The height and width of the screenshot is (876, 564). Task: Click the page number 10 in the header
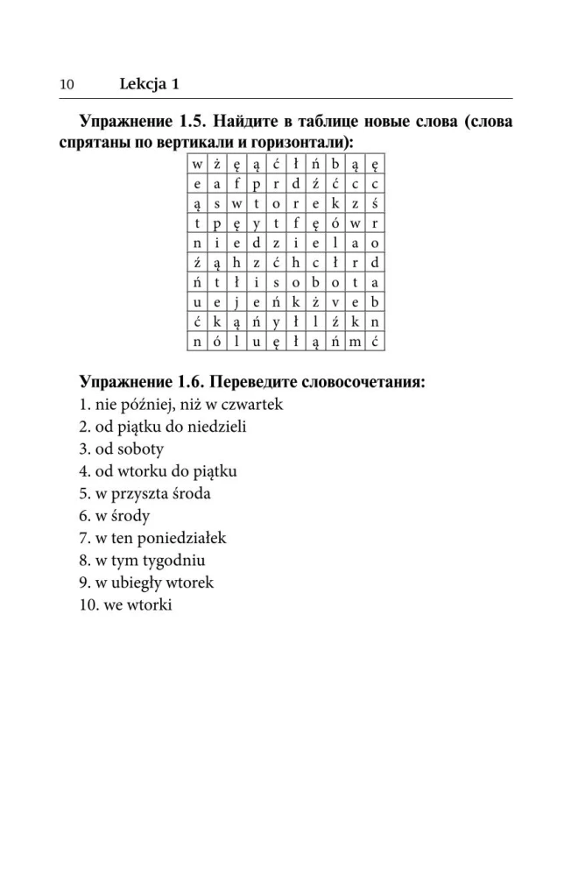pos(66,84)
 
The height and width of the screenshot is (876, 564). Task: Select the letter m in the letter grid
pos(354,338)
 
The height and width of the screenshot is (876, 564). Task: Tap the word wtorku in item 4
pos(133,471)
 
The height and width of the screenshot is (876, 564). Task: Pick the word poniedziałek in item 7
pos(182,538)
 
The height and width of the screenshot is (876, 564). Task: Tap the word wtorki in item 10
pos(151,604)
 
